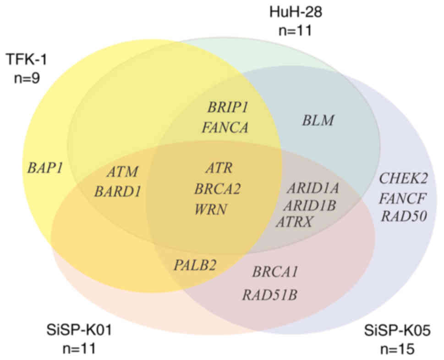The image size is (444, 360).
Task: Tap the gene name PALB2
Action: (195, 265)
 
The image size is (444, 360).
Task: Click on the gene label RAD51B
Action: (269, 294)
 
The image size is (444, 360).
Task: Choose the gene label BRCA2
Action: (218, 188)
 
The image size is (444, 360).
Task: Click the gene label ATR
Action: (219, 168)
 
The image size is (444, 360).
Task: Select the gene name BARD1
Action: (117, 192)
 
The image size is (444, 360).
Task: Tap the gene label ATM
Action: (122, 172)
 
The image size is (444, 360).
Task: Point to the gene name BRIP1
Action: (228, 108)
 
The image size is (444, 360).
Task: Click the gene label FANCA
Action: (225, 127)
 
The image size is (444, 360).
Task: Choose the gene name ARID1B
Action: (312, 205)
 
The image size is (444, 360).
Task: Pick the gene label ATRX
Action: (294, 222)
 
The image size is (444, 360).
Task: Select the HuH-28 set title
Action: (296, 11)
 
